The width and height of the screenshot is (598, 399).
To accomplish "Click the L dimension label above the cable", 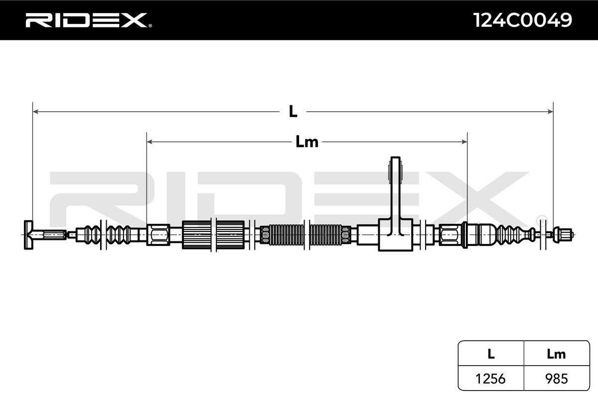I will (x=293, y=112).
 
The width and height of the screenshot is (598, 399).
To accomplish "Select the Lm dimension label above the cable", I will (x=306, y=142).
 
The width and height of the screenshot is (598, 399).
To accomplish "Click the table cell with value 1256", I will (x=491, y=379).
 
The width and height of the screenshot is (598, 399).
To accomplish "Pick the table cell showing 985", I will (x=556, y=379).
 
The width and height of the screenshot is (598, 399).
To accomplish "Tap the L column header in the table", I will (x=491, y=354).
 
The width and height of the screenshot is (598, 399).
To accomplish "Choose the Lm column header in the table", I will (x=556, y=354).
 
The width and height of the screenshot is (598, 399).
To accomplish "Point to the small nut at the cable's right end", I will (x=565, y=233).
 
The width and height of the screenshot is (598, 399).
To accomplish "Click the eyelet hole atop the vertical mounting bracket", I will (x=395, y=170).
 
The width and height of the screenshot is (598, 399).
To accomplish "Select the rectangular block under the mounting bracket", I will (x=396, y=234).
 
